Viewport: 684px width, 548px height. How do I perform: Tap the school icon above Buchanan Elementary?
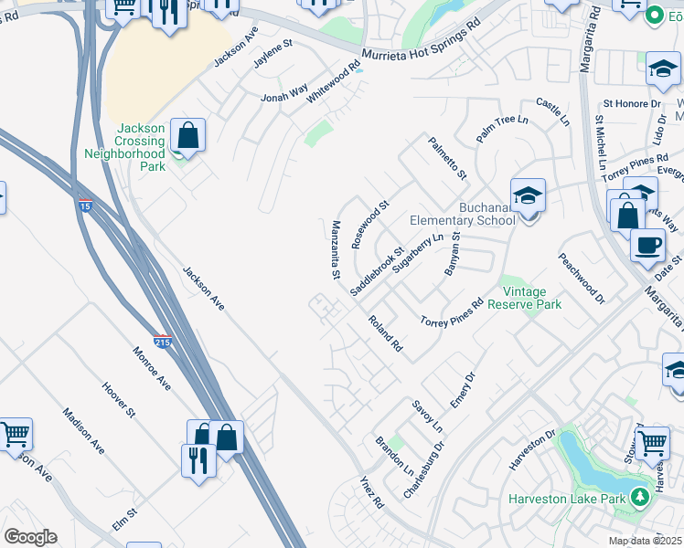tap(528, 195)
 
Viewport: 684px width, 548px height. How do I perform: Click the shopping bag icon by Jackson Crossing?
tap(187, 137)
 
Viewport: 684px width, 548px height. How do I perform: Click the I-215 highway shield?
tap(162, 341)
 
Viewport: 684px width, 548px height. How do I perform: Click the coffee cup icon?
tap(648, 245)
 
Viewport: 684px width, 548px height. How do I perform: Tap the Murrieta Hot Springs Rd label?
tap(421, 43)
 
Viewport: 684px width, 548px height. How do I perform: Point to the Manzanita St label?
tap(336, 249)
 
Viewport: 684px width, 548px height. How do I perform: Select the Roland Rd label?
tap(385, 333)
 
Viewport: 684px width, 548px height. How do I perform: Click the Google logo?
tap(30, 537)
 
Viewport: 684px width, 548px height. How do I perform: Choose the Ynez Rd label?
tap(370, 493)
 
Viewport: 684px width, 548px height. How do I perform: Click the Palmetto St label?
tap(444, 157)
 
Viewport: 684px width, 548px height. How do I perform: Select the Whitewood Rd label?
tap(335, 80)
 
